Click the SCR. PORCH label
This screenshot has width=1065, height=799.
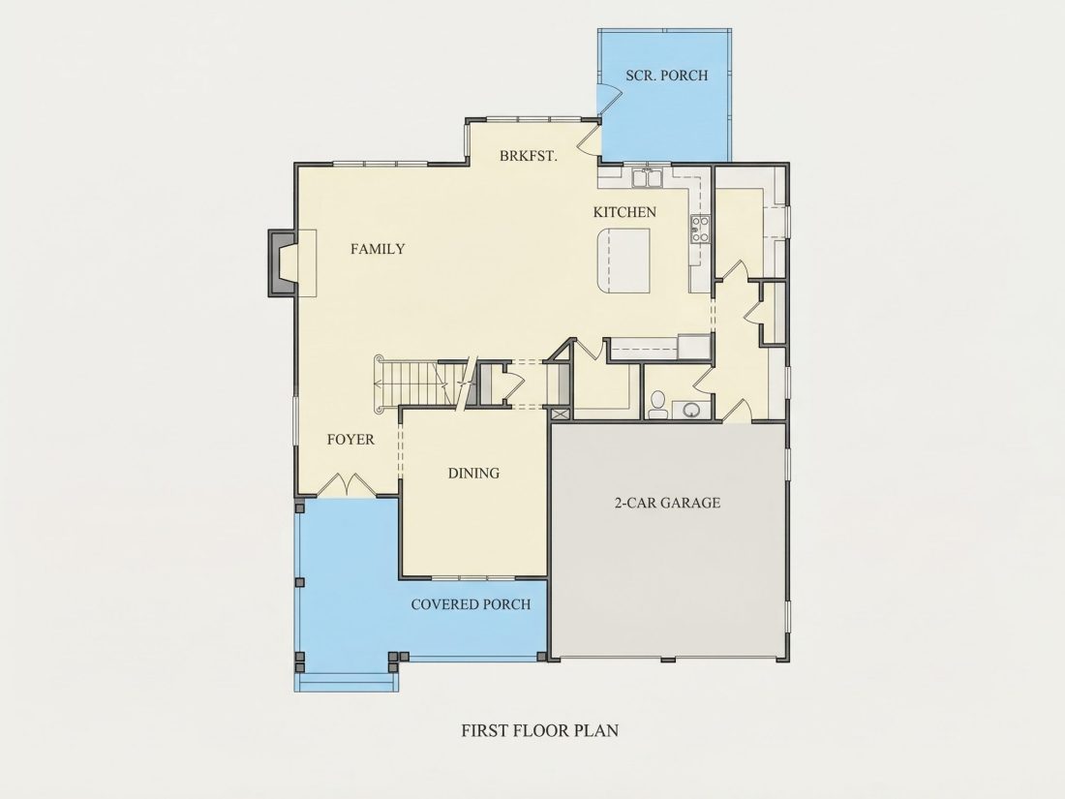pyautogui.click(x=666, y=76)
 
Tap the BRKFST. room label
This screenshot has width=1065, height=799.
pyautogui.click(x=529, y=156)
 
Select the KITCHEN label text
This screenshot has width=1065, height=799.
pyautogui.click(x=624, y=213)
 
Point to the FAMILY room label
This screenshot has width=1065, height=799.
pyautogui.click(x=378, y=249)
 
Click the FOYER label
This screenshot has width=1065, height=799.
pyautogui.click(x=350, y=440)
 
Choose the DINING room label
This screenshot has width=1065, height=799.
pyautogui.click(x=473, y=474)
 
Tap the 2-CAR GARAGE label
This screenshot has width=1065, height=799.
pyautogui.click(x=667, y=504)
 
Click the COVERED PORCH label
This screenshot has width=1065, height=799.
pyautogui.click(x=471, y=604)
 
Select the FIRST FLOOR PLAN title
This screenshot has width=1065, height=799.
pyautogui.click(x=540, y=731)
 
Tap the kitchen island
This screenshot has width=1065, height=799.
pyautogui.click(x=624, y=261)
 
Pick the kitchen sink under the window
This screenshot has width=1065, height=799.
pyautogui.click(x=648, y=178)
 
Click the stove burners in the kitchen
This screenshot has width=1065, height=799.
pyautogui.click(x=700, y=229)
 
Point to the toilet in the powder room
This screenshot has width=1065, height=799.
pyautogui.click(x=656, y=405)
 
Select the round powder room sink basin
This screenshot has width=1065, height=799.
pyautogui.click(x=690, y=410)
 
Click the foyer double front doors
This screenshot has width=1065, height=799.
pyautogui.click(x=347, y=484)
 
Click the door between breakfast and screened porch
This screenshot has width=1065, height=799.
pyautogui.click(x=589, y=138)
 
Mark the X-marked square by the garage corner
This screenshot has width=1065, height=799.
pyautogui.click(x=561, y=414)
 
